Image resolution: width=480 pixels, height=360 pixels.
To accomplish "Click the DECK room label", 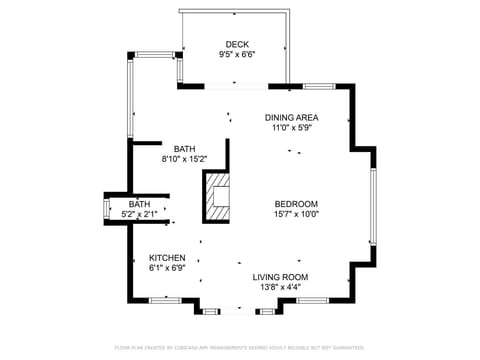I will pyautogui.click(x=236, y=44).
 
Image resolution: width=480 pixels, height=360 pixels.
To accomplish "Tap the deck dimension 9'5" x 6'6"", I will pyautogui.click(x=236, y=55).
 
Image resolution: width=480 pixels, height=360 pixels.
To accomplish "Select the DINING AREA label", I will pyautogui.click(x=292, y=117).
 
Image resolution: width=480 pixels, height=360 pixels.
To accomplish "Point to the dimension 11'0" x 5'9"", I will pyautogui.click(x=292, y=129).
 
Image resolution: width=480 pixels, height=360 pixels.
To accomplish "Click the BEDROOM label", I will pyautogui.click(x=296, y=204).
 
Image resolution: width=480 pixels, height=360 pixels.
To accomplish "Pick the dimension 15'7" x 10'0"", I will pyautogui.click(x=296, y=215).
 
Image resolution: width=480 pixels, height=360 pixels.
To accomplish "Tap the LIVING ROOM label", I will pyautogui.click(x=279, y=277).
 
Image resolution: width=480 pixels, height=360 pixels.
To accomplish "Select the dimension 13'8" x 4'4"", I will pyautogui.click(x=279, y=288).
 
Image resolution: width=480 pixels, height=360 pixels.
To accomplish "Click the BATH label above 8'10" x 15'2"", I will pyautogui.click(x=185, y=148).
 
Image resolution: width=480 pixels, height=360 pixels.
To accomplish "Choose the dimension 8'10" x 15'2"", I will pyautogui.click(x=185, y=159).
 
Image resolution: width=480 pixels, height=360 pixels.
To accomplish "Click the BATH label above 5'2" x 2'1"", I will pyautogui.click(x=139, y=204).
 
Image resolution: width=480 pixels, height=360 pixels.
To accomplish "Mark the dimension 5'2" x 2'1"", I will pyautogui.click(x=139, y=214).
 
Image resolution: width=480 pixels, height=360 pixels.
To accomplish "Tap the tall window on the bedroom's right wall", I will pyautogui.click(x=373, y=206).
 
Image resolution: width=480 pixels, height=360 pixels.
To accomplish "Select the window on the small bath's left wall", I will pyautogui.click(x=107, y=208).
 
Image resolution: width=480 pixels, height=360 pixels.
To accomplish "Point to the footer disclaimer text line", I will pyautogui.click(x=240, y=347).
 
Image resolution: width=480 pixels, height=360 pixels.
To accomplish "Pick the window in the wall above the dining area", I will pyautogui.click(x=319, y=87).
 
